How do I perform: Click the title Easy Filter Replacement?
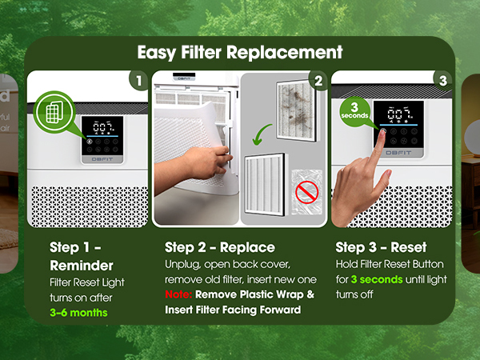pyautogui.click(x=239, y=54)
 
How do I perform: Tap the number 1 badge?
pyautogui.click(x=138, y=80)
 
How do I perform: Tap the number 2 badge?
pyautogui.click(x=318, y=80)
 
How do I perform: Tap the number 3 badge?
pyautogui.click(x=442, y=80)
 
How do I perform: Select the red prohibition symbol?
pyautogui.click(x=303, y=192)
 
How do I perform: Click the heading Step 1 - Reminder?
pyautogui.click(x=71, y=255)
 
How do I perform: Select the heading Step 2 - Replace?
pyautogui.click(x=219, y=246)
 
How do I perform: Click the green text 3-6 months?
pyautogui.click(x=78, y=312)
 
